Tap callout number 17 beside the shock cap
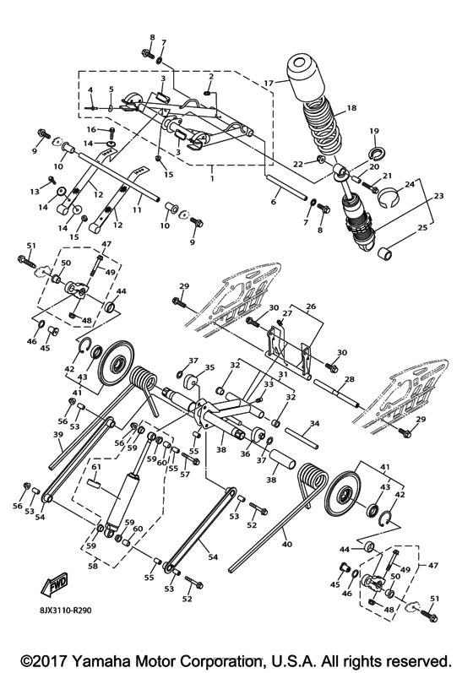point(268,83)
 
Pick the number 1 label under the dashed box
point(210,179)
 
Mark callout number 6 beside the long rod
point(273,202)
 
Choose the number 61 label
point(96,466)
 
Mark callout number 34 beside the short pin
point(313,422)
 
